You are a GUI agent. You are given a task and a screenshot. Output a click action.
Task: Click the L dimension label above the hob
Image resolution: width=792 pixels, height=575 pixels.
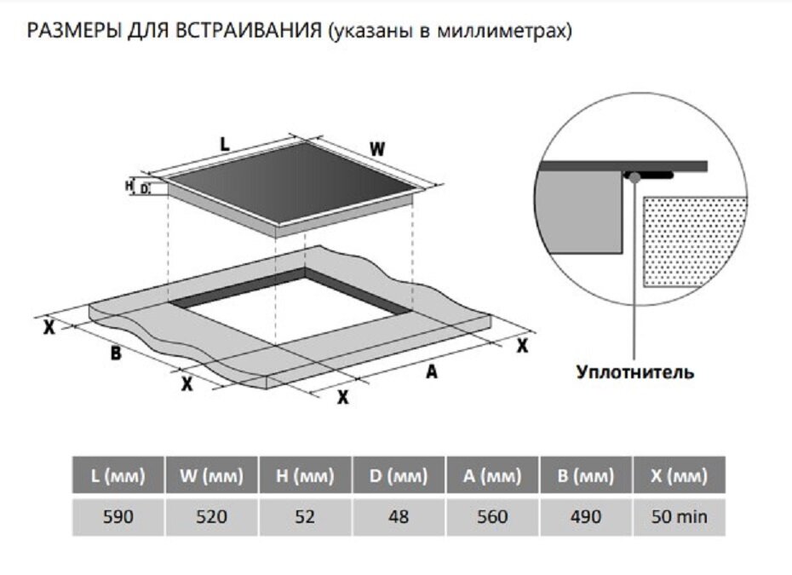pos(224,144)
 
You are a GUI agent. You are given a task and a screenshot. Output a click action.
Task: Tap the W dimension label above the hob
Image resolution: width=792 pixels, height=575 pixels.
pos(377,148)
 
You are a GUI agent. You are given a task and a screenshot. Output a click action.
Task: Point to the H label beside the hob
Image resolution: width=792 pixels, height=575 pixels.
pos(129,184)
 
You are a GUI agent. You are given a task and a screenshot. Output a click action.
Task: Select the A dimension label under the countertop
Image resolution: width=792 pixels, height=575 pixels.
pos(431,372)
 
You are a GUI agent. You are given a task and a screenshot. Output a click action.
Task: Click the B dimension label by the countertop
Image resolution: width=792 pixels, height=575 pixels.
pos(116,353)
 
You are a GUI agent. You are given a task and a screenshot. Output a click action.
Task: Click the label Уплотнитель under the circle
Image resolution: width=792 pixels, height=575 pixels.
pos(635,372)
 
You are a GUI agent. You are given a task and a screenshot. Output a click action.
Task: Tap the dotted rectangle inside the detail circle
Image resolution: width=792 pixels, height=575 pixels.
pos(694,239)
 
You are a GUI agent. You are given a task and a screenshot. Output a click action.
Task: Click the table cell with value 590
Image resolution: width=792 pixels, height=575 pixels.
pos(118,517)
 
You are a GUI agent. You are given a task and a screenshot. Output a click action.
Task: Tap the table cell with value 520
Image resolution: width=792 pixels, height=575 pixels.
pos(211,517)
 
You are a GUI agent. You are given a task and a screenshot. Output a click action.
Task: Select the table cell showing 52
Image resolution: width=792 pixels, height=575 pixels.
pos(305,517)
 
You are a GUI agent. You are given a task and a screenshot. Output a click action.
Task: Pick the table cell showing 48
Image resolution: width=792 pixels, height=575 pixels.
pos(398,517)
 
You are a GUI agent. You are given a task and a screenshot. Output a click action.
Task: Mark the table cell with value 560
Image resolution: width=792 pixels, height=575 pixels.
pos(491,517)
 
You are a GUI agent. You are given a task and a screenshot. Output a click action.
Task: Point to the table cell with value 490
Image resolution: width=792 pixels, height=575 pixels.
pos(585,517)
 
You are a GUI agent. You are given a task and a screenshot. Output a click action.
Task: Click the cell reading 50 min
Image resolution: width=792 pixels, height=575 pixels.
pos(679,517)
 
